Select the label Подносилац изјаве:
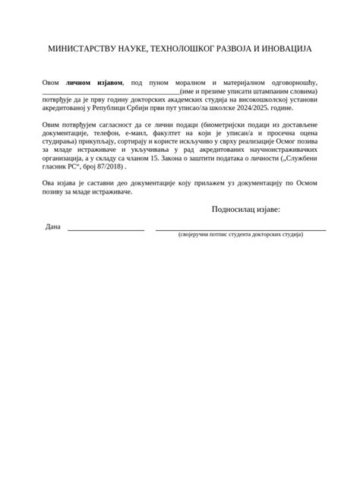(x=246, y=210)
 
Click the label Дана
(x=52, y=227)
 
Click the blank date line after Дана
(x=106, y=229)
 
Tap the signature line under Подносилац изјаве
(x=241, y=229)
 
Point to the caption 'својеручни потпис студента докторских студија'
(x=241, y=235)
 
